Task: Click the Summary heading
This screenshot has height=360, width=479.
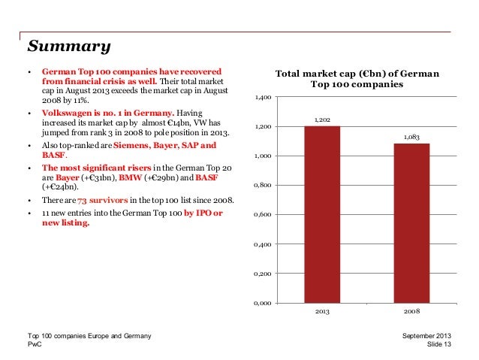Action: [69, 47]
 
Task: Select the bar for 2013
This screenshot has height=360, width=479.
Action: [322, 214]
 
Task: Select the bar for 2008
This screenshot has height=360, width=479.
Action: [411, 222]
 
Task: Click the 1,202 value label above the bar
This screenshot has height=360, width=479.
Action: [322, 119]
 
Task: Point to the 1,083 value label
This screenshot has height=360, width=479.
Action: [411, 137]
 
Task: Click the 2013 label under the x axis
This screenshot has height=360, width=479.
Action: [322, 311]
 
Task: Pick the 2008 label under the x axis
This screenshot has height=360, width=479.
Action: [411, 311]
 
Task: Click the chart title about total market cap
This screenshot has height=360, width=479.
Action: [357, 80]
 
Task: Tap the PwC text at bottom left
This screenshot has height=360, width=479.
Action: [35, 343]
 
